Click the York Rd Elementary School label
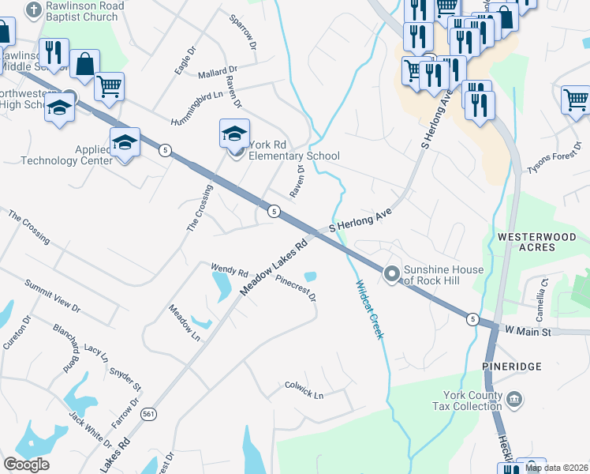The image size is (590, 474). pos(293,150)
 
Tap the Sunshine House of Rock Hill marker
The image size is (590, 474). pos(391,274)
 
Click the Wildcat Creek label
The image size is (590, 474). pos(368,310)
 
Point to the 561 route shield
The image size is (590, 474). pos(147,413)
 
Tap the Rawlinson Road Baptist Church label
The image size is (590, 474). pos(87,12)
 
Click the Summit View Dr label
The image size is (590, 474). pos(52,294)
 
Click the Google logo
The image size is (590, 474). pos(26,465)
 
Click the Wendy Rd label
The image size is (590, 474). pos(230,269)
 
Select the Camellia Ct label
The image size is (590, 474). pos(543,293)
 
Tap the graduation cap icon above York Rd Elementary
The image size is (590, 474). pos(235,134)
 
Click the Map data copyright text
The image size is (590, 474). pos(557,468)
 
